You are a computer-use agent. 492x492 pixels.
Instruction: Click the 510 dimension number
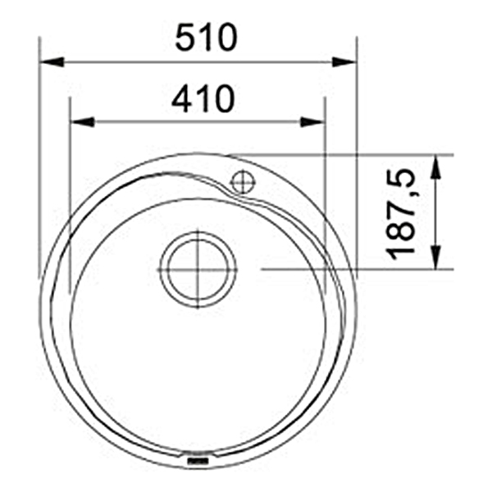206,37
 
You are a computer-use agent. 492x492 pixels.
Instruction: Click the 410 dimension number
203,98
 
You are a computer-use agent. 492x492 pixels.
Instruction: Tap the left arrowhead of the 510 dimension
52,61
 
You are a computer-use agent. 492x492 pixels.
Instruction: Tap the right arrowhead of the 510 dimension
344,61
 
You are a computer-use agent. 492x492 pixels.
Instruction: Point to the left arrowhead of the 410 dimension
82,121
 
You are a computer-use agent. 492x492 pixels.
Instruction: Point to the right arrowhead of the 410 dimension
312,121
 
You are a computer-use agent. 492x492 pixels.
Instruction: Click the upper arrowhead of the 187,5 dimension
435,167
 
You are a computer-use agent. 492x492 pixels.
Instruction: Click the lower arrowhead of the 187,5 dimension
435,257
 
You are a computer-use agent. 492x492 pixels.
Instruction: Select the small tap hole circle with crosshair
243,182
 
